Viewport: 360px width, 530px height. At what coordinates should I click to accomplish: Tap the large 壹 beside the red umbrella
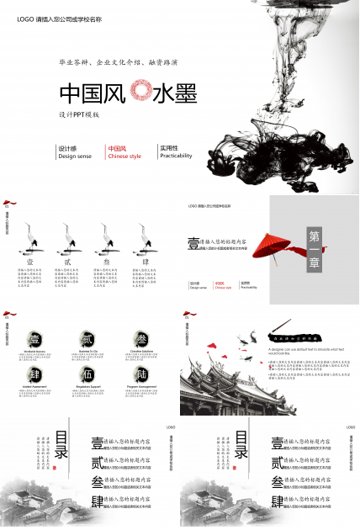(193, 243)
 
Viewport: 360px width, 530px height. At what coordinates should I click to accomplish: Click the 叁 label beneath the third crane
(106, 262)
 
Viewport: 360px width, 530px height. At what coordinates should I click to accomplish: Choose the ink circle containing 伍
(87, 373)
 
